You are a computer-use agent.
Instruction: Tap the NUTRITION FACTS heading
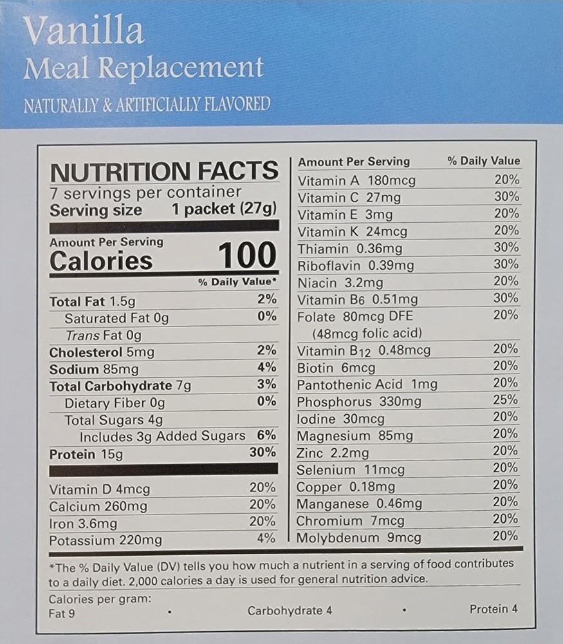point(164,171)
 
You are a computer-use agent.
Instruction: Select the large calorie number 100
point(248,256)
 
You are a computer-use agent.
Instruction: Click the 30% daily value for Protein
point(263,452)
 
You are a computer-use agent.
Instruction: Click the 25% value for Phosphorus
point(506,400)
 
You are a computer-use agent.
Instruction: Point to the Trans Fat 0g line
point(103,335)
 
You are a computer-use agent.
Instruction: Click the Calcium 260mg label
point(98,506)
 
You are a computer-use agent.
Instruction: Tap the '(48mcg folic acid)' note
point(367,333)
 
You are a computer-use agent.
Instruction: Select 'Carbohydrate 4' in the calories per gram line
point(290,611)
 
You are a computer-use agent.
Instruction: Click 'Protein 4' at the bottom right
point(493,609)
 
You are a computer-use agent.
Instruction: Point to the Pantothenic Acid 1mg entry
point(367,384)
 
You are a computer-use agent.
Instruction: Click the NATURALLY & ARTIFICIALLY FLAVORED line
point(147,104)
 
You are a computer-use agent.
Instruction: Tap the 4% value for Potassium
point(266,538)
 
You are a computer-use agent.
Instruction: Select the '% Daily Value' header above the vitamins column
point(483,161)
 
